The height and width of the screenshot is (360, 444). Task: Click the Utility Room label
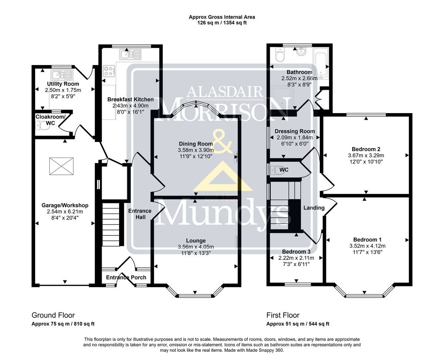click(x=63, y=84)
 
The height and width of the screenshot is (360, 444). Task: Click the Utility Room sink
click(x=62, y=75)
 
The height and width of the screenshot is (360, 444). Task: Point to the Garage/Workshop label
click(x=65, y=205)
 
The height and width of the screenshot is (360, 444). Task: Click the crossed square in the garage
click(x=61, y=166)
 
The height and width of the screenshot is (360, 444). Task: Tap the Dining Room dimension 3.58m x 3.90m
click(x=196, y=150)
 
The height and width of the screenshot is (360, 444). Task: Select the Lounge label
click(x=196, y=241)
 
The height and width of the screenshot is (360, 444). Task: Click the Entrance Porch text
click(x=126, y=277)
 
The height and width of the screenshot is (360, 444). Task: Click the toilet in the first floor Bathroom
click(x=280, y=55)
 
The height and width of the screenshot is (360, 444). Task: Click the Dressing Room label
click(x=295, y=131)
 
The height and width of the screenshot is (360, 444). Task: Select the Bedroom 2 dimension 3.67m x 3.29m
click(x=366, y=155)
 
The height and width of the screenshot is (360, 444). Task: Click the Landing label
click(x=314, y=208)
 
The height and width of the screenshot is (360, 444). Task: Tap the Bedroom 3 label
click(x=296, y=252)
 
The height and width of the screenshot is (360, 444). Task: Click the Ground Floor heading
click(x=53, y=315)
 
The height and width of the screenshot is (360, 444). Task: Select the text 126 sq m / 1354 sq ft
click(x=222, y=23)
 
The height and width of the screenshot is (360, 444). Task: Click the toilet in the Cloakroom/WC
click(x=43, y=126)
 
